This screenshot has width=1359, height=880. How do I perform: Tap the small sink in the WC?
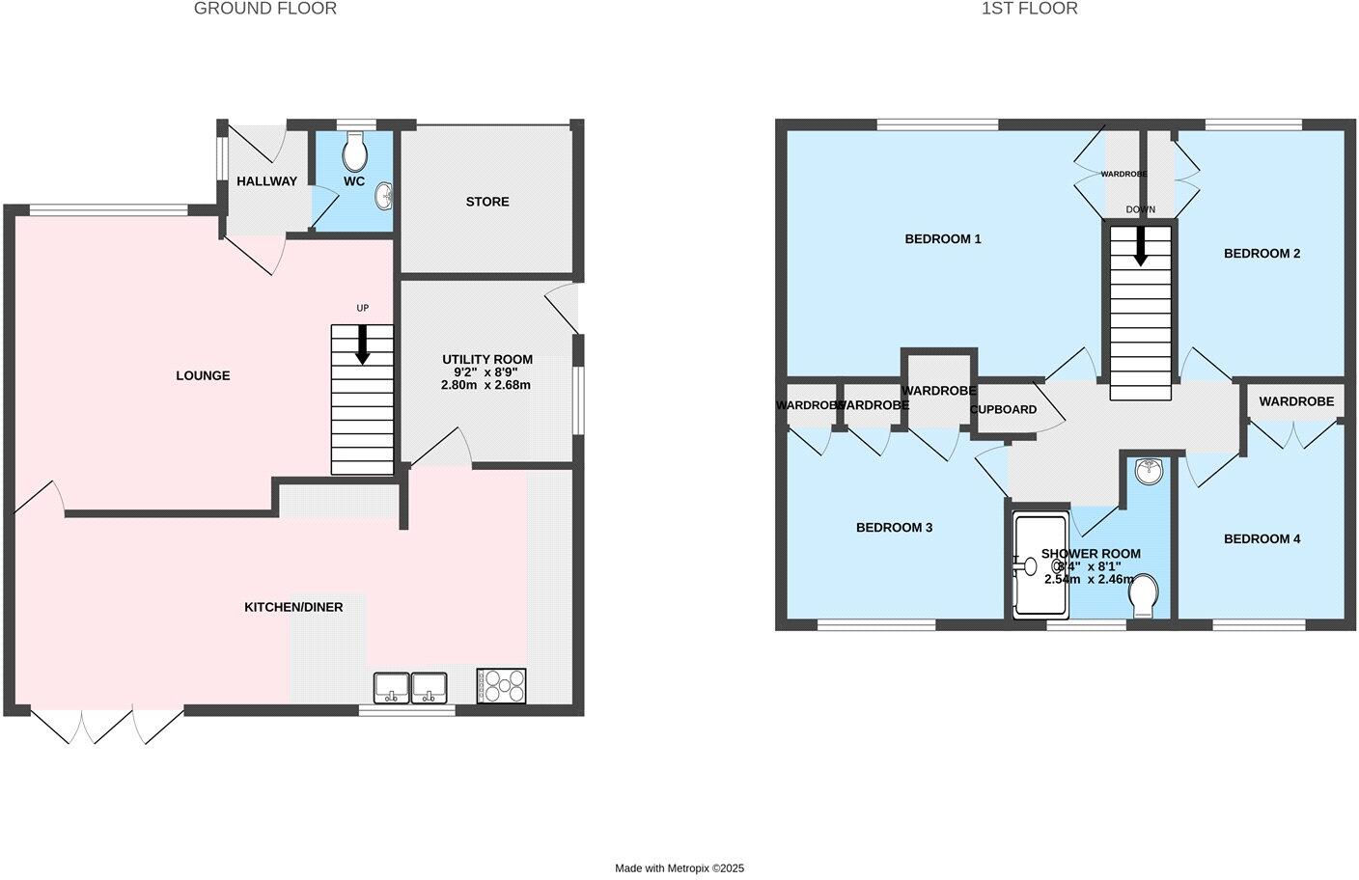point(385,195)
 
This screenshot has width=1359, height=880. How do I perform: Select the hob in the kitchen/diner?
point(501,686)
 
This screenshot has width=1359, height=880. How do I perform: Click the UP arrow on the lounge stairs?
point(363,344)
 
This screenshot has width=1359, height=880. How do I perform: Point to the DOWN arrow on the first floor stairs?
point(1141,245)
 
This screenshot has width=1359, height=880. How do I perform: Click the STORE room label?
point(487,202)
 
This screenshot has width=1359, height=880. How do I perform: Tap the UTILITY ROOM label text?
point(487,359)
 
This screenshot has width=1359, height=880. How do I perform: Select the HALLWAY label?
point(267,181)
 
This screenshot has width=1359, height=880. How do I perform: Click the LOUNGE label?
point(203,375)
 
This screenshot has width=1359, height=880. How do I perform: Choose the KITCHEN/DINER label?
point(293,607)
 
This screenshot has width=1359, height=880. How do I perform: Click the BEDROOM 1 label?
point(943,238)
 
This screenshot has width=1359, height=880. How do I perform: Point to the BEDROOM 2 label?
point(1262,253)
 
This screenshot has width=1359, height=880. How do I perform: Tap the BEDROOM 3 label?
point(894,528)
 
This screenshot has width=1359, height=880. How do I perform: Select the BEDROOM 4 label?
point(1262,538)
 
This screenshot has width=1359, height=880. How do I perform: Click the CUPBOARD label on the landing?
point(1004,409)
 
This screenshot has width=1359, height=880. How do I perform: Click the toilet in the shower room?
point(1144,595)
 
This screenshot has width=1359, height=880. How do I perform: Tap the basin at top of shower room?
point(1149,471)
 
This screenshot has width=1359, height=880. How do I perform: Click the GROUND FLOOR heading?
point(265,9)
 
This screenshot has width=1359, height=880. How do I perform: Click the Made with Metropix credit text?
point(679,868)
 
